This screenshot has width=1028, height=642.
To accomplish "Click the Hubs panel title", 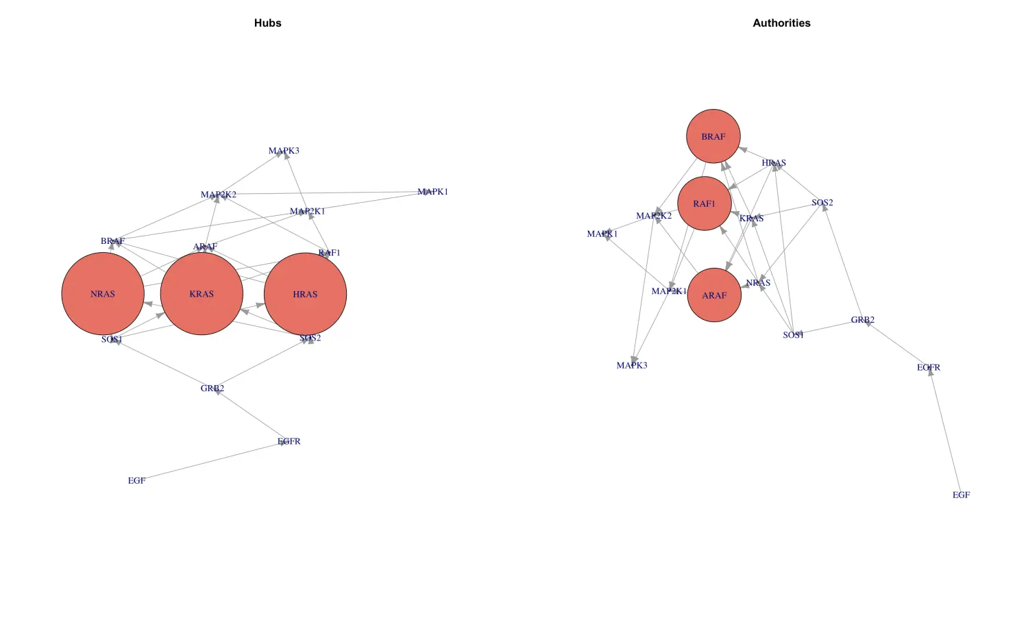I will click(267, 23).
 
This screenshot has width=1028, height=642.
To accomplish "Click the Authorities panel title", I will click(781, 23).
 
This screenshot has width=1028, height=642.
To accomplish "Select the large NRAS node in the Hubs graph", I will click(103, 294).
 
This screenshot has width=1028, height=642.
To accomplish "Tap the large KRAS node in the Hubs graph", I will click(201, 294).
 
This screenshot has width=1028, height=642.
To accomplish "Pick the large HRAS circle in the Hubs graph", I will click(305, 294).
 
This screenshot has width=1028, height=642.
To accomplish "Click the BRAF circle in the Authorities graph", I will click(713, 136).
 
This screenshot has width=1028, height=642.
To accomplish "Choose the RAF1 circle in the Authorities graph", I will click(704, 203).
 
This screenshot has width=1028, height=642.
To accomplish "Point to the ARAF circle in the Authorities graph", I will click(714, 295).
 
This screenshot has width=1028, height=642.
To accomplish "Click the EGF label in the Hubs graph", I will click(136, 481).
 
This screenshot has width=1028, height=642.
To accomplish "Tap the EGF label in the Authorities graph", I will click(961, 495).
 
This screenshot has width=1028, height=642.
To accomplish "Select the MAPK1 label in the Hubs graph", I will click(432, 192).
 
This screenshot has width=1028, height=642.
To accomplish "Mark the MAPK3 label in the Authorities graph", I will click(632, 366).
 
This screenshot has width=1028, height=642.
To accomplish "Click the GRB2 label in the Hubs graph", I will click(212, 388).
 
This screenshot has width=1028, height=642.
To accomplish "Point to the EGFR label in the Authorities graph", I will click(929, 368).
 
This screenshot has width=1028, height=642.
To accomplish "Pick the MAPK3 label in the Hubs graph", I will click(284, 151).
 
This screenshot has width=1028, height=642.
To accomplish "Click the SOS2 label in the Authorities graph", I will click(822, 203).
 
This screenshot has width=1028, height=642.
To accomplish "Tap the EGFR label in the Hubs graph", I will click(289, 442).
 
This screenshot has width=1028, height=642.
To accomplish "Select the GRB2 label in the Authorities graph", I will click(863, 320).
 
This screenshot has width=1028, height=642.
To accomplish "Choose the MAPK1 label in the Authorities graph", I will click(602, 234).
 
